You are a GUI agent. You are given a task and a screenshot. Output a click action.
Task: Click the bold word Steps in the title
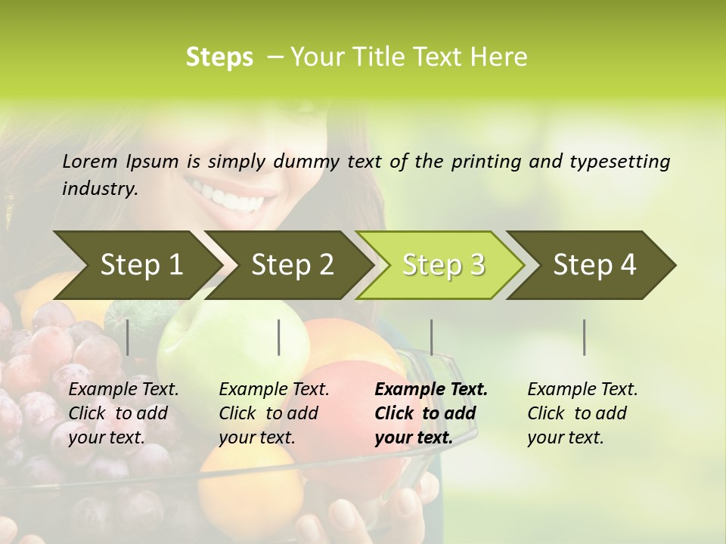click(x=219, y=57)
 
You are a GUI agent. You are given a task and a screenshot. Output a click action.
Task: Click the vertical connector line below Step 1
click(x=128, y=337)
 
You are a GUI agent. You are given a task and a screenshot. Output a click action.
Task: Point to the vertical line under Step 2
click(x=279, y=337)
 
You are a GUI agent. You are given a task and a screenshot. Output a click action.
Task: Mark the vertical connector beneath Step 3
click(x=431, y=337)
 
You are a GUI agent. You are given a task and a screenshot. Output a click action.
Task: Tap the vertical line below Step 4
click(x=584, y=337)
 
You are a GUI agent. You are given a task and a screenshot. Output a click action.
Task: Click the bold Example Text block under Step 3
click(x=430, y=413)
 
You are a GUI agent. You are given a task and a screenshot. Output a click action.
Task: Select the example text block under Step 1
click(x=123, y=413)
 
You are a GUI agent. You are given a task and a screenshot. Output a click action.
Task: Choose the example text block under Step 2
click(x=274, y=413)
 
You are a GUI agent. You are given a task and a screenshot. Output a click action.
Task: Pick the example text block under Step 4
click(x=582, y=413)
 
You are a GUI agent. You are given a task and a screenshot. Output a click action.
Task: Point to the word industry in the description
click(x=100, y=188)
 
